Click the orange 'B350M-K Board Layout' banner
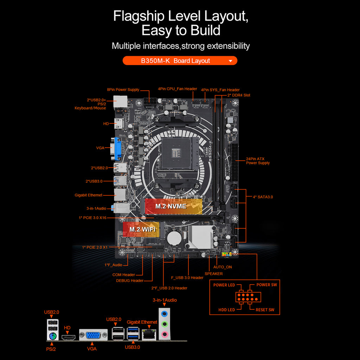180,61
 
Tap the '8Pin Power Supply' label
123,90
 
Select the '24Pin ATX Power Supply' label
258,161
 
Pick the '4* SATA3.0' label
263,197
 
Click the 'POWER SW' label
266,285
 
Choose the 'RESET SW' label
265,310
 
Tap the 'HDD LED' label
227,310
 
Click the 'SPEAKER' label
214,274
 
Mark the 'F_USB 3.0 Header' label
187,278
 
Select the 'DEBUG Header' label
130,281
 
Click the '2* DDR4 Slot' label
239,95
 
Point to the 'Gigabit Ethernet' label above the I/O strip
142,322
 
